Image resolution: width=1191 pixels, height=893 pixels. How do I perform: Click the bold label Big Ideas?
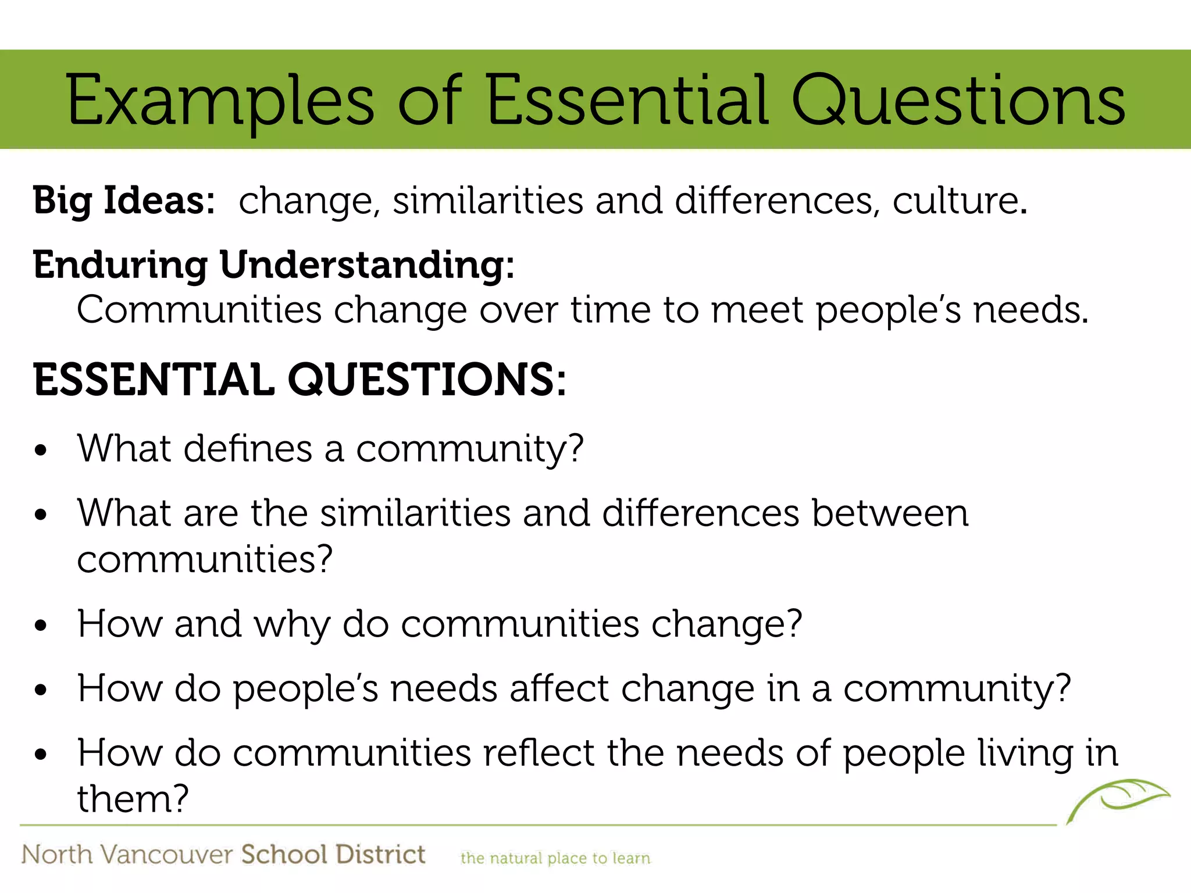coord(124,201)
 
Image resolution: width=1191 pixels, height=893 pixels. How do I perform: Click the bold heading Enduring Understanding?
coord(273,265)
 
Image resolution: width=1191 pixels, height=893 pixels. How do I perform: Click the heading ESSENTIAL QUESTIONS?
coord(299,380)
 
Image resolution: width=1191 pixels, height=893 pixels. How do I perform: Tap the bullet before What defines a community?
coord(40,451)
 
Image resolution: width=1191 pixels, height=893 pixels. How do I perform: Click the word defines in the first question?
coord(248,449)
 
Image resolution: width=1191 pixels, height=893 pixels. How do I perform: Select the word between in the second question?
coord(890,513)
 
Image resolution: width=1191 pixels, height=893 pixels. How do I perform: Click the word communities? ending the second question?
coord(205,559)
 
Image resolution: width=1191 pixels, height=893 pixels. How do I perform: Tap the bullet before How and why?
coord(40,626)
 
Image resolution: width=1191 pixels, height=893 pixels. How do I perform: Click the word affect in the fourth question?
coord(559,689)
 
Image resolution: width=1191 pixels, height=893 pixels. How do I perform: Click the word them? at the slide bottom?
coord(133,799)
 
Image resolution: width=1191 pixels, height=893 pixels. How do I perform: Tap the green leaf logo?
coord(1118,799)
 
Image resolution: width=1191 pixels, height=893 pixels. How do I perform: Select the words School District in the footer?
coord(333,855)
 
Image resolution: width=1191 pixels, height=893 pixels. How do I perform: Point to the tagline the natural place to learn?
coord(555,858)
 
